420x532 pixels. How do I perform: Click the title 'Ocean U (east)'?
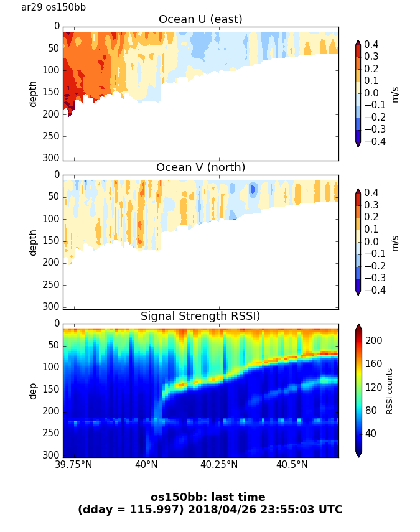[x=200, y=19]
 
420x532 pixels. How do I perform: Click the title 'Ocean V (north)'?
[x=200, y=167]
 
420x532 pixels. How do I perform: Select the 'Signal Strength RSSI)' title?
[x=200, y=316]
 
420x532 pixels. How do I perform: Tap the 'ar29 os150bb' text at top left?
[x=54, y=7]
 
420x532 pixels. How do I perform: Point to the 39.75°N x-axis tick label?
[x=75, y=464]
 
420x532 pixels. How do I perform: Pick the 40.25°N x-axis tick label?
[x=219, y=464]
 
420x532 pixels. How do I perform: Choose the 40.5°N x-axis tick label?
[x=292, y=464]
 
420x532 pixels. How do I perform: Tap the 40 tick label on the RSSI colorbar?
[x=371, y=433]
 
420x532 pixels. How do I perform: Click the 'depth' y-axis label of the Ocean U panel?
[x=33, y=93]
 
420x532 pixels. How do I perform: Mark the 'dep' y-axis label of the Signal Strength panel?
[x=33, y=391]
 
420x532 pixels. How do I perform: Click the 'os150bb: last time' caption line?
[x=208, y=497]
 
